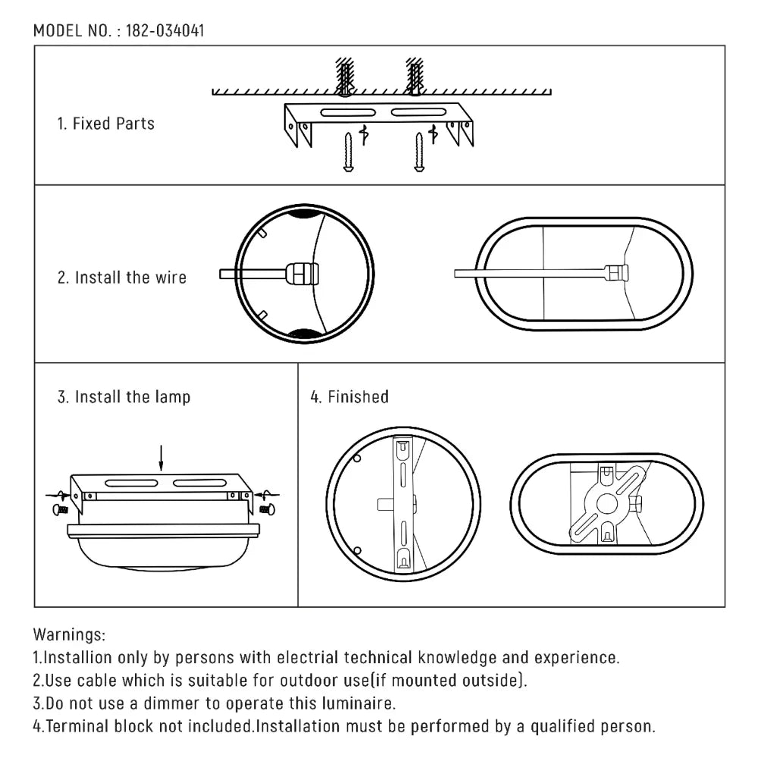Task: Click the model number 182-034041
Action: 164,31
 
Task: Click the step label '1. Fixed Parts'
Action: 105,124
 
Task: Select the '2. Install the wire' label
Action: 121,277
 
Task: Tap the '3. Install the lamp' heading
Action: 124,396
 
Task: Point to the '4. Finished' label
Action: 349,396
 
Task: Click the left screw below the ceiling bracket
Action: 348,152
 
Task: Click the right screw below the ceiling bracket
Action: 418,152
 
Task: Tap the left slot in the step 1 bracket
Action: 345,113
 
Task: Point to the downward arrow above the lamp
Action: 161,456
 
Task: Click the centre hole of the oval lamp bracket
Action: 606,503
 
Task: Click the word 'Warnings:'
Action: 69,634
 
